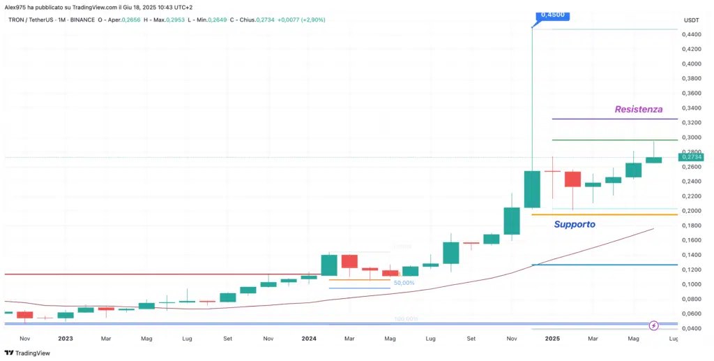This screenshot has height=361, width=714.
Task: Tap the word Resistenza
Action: [638, 109]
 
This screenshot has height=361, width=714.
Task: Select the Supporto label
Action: [575, 224]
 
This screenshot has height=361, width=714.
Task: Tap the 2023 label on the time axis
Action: [65, 338]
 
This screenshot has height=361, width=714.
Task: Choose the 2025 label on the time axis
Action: [552, 338]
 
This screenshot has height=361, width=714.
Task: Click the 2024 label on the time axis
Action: [309, 338]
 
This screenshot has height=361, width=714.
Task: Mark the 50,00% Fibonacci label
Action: [404, 283]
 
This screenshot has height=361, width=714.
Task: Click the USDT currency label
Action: [691, 20]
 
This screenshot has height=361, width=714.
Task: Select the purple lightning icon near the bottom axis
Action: [654, 325]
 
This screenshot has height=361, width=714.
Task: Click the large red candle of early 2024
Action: [349, 261]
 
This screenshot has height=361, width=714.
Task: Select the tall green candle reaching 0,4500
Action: [532, 189]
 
